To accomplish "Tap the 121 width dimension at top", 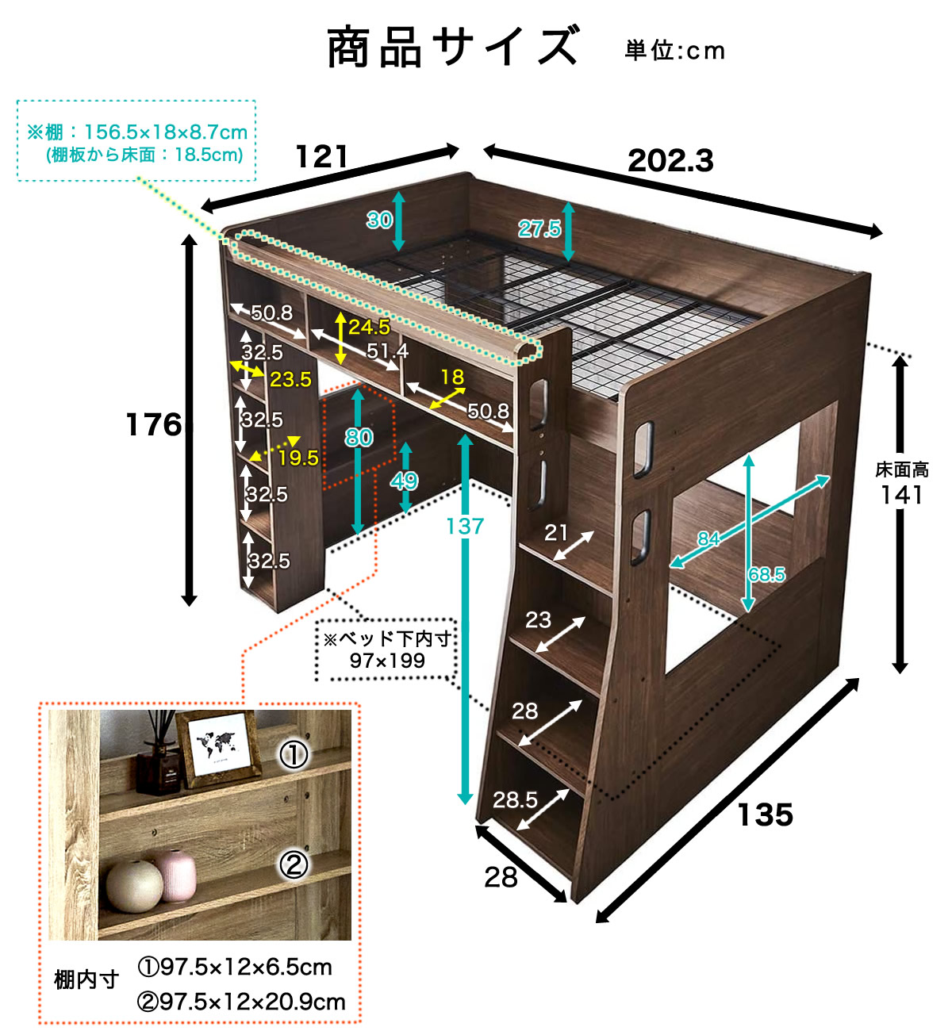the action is [321, 156].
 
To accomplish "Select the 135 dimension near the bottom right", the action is [765, 814].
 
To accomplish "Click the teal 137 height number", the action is [465, 527].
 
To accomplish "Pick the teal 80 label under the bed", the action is [359, 438].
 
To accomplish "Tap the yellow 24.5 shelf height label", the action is [369, 327].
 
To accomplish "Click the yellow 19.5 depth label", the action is [298, 458].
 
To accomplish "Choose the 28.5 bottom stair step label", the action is [515, 800].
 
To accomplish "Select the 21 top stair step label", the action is [555, 533].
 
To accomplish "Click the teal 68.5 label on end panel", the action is [766, 574].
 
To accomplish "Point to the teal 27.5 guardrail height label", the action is [539, 228].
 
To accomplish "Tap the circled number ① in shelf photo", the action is [294, 755].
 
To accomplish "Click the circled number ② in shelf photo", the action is [294, 865].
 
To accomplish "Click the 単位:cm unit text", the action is [674, 51].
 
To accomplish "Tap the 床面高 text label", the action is [901, 470].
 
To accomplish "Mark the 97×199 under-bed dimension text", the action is [387, 661].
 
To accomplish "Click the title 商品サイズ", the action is [453, 48].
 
